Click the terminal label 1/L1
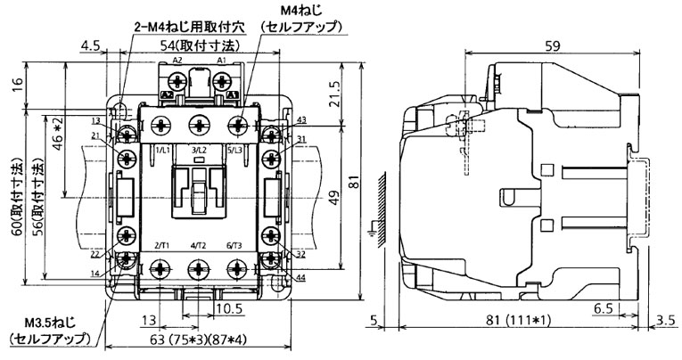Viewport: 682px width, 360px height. [163, 151]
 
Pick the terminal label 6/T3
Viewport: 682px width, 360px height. [234, 244]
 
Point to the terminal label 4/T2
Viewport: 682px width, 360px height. [199, 244]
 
